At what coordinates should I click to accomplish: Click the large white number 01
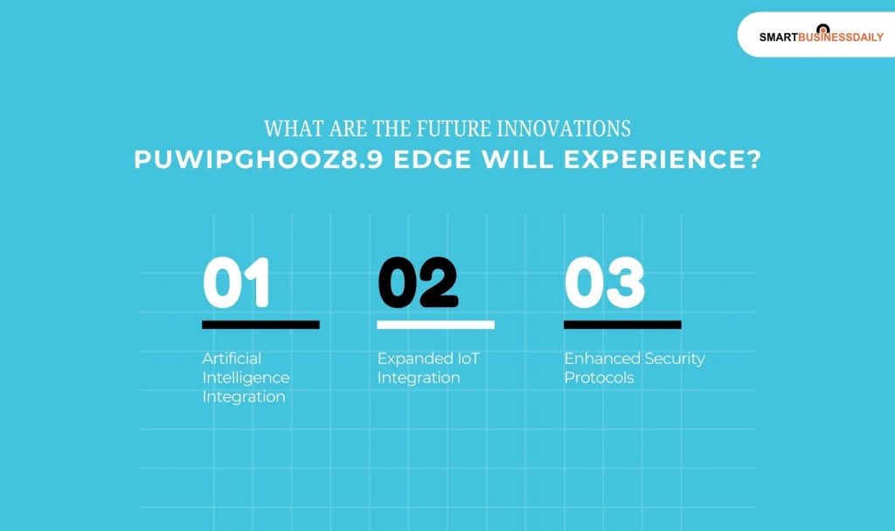coord(236,283)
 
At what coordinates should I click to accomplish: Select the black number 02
coord(418,283)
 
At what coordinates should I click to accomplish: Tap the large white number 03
coord(604,283)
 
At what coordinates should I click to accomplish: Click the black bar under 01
coord(260,325)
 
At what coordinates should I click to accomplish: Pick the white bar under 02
coord(435,325)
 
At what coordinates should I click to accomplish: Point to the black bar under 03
coord(622,325)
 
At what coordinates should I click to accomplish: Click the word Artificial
coord(232,359)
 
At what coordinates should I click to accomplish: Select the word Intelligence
coord(246,378)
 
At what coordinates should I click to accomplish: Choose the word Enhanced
coord(602,359)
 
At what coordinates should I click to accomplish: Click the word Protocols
coord(599,378)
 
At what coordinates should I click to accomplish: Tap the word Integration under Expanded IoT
coord(419,378)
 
